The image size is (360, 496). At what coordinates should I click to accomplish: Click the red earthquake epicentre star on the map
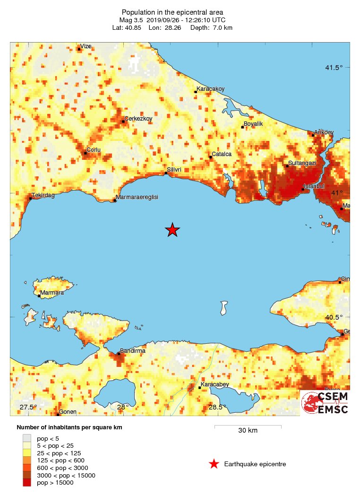click(172, 230)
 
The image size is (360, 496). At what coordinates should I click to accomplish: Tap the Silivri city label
click(174, 169)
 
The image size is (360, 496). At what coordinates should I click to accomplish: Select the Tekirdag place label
click(43, 195)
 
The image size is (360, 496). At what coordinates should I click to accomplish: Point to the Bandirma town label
click(133, 351)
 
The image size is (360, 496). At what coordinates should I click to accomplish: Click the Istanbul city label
click(314, 186)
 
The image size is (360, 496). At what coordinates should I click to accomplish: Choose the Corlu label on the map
click(93, 150)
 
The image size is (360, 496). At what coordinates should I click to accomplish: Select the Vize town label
click(86, 46)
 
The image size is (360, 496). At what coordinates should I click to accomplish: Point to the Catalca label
click(222, 154)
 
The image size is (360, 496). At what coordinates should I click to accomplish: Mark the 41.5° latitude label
click(334, 68)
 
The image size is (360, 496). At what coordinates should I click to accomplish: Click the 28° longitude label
click(123, 407)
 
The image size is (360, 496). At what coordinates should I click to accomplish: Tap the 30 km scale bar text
click(248, 431)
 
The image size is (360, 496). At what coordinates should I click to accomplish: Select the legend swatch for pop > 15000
click(27, 483)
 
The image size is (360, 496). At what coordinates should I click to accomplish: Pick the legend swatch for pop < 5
click(27, 438)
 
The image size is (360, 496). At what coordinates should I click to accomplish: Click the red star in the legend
click(214, 464)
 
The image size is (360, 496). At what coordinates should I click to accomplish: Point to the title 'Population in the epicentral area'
click(172, 12)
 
